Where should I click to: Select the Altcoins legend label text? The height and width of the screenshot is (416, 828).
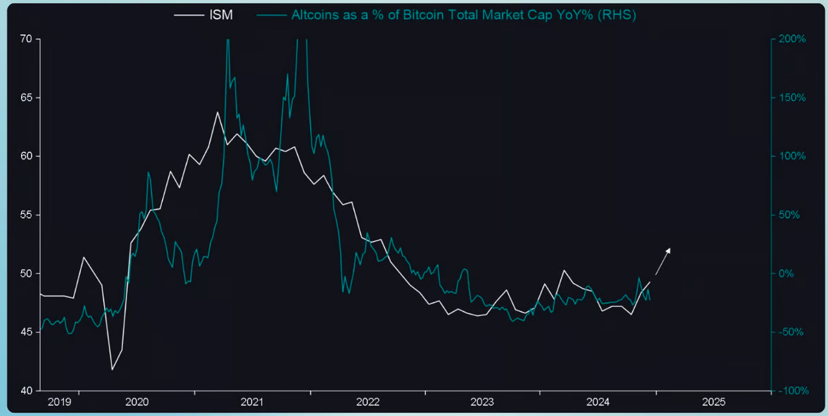pyautogui.click(x=463, y=15)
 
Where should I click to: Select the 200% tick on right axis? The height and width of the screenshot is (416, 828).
pyautogui.click(x=792, y=39)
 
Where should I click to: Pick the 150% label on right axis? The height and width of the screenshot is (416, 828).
pyautogui.click(x=792, y=97)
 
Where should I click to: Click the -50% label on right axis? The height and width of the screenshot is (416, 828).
pyautogui.click(x=792, y=332)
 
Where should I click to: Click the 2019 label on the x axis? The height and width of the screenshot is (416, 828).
pyautogui.click(x=59, y=403)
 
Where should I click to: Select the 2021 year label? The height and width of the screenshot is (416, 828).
pyautogui.click(x=251, y=403)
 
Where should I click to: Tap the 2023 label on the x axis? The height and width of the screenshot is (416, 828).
pyautogui.click(x=482, y=403)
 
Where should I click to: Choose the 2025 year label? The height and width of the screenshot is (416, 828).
pyautogui.click(x=713, y=403)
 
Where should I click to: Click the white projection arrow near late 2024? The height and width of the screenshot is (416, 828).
pyautogui.click(x=663, y=261)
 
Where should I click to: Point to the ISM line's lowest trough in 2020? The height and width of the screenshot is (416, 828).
pyautogui.click(x=111, y=369)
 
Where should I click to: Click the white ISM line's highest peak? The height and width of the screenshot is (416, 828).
pyautogui.click(x=218, y=112)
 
